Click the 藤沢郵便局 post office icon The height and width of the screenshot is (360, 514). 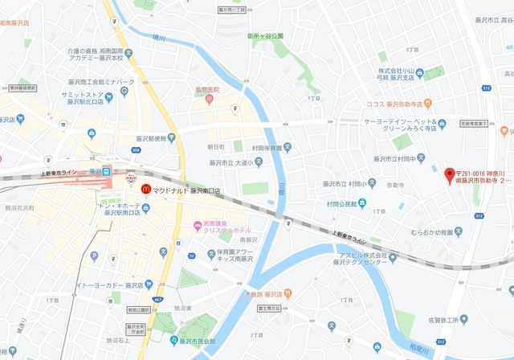[172, 138]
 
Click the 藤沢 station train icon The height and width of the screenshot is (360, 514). [108, 171]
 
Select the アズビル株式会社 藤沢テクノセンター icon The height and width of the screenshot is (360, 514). [393, 257]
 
